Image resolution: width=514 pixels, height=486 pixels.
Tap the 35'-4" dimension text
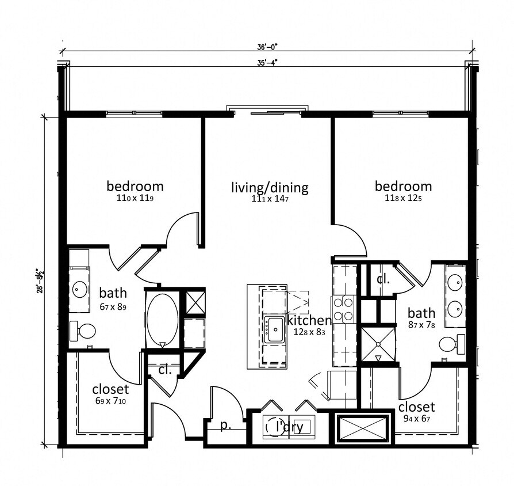point(268,62)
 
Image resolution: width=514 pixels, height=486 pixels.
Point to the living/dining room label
point(270,188)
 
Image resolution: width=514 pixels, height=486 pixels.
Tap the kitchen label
point(309,320)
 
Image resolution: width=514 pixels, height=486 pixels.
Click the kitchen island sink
point(273,329)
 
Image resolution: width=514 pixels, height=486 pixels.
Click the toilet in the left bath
point(83,331)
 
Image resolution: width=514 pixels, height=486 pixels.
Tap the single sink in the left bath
point(79,287)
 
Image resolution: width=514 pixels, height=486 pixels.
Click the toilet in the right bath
point(451,344)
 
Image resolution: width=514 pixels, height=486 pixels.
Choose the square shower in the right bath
point(378,344)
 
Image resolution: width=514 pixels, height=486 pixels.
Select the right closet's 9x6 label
point(416,419)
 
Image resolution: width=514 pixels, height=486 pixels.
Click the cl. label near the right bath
point(383,280)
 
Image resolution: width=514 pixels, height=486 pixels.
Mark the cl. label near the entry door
point(165,370)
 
